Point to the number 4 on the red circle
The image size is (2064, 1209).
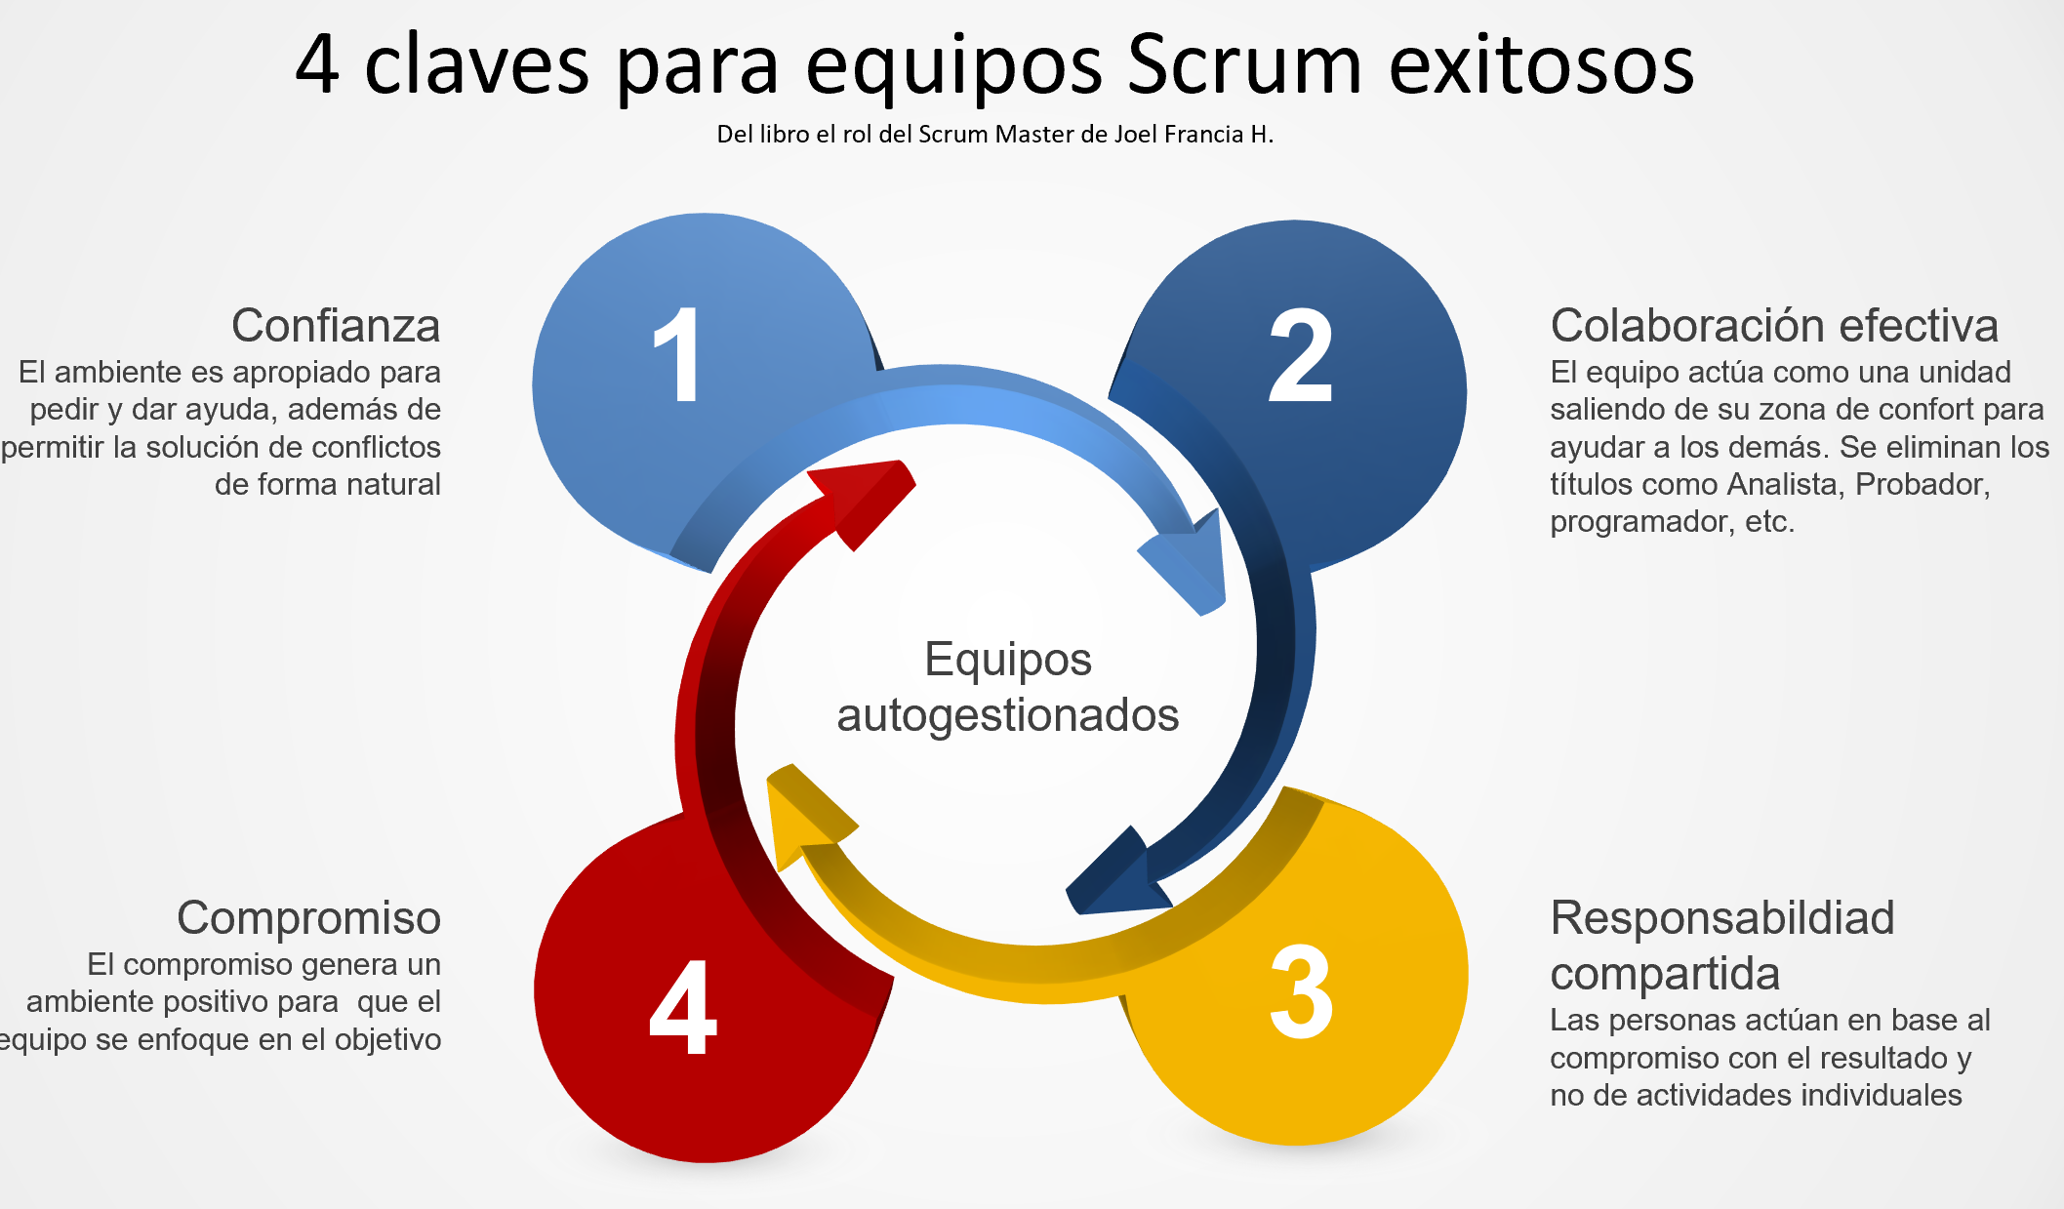click(682, 1007)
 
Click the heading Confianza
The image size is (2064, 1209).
click(336, 325)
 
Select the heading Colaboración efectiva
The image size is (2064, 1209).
click(1774, 325)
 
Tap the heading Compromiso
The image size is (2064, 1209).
click(308, 917)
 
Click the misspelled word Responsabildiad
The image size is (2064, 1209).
click(1722, 917)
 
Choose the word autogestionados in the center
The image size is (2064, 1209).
click(1007, 714)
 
